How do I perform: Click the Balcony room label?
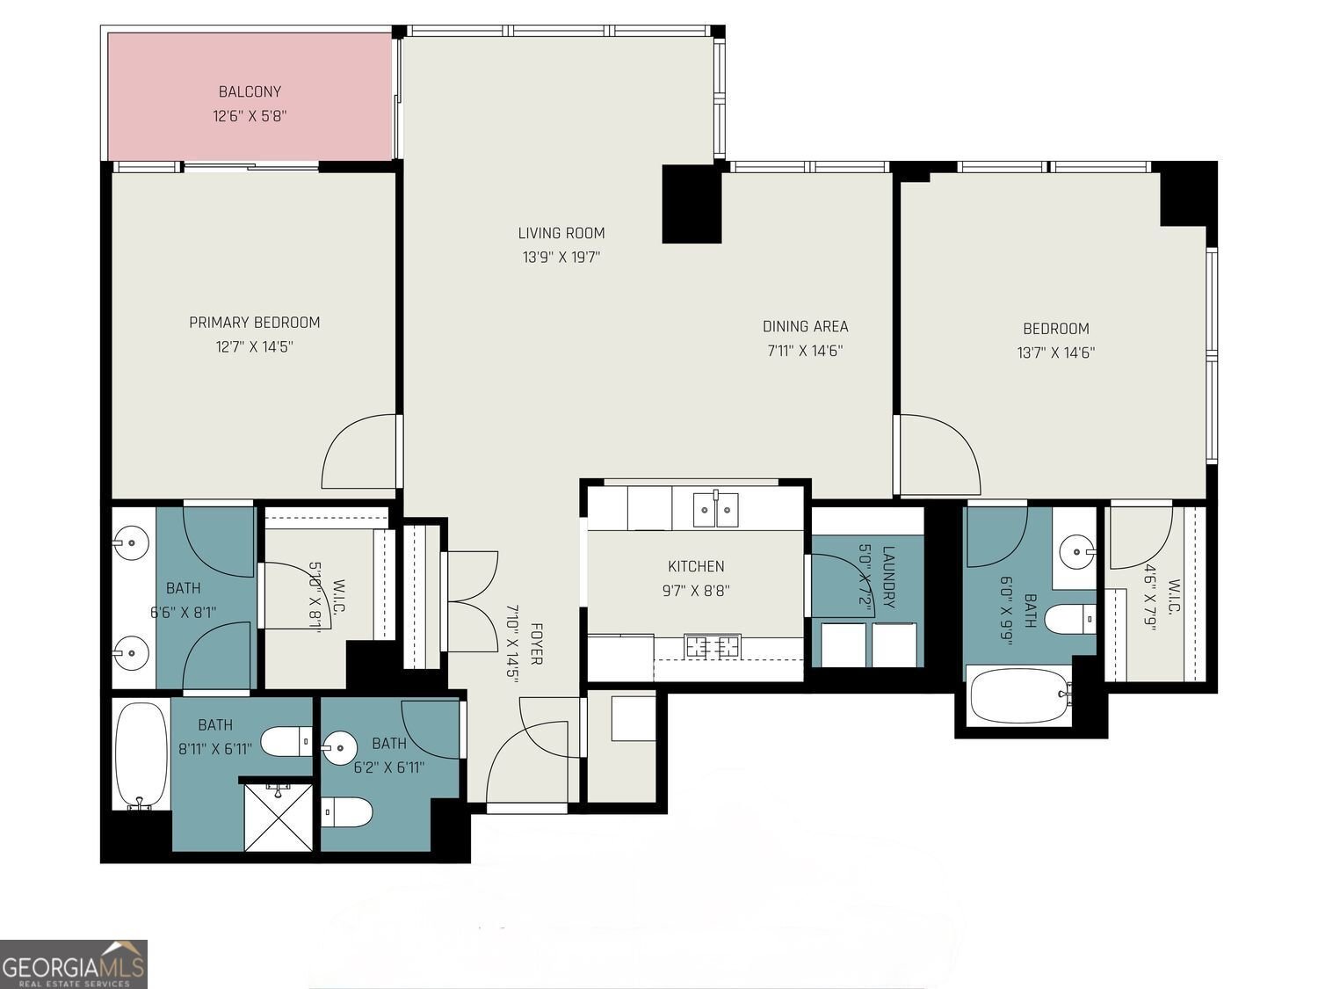point(250,91)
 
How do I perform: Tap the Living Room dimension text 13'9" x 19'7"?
point(561,258)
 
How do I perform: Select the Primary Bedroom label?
point(255,323)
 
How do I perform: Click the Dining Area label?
point(805,326)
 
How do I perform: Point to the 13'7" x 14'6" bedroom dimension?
point(1055,353)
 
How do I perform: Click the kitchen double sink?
point(715,509)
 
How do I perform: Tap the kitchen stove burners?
point(713,647)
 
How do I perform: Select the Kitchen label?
point(696,566)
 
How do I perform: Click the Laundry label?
point(887,578)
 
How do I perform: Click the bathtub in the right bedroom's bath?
point(1019,695)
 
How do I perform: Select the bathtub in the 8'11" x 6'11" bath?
point(141,754)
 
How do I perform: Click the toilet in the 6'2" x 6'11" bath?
point(346,811)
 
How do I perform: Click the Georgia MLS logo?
point(74,964)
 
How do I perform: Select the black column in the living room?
point(691,203)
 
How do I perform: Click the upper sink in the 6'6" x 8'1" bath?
point(130,543)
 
